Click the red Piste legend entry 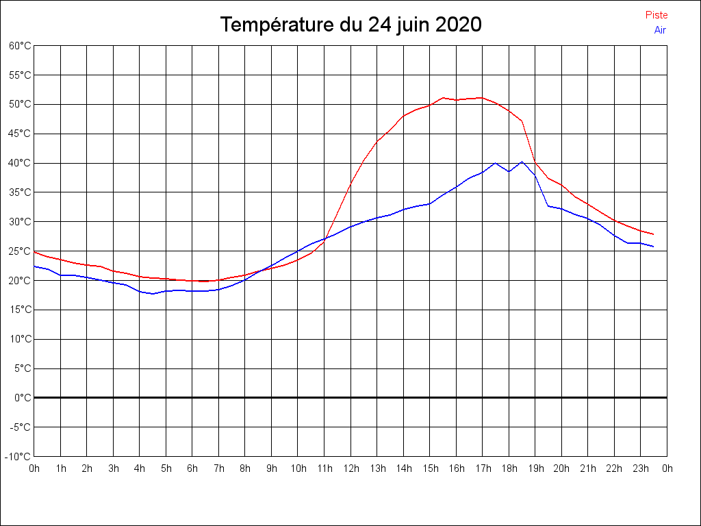tap(657, 15)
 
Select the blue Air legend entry tap(660, 29)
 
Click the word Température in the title tap(277, 25)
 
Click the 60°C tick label tap(21, 46)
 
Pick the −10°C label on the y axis tap(19, 456)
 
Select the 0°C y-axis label tap(23, 397)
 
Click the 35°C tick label tap(21, 192)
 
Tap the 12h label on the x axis tap(350, 468)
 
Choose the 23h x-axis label tap(641, 468)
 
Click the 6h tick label tap(192, 468)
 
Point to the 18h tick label tap(509, 468)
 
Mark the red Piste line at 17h tap(482, 97)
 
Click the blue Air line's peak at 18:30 tap(522, 162)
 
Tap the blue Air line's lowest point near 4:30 tap(153, 294)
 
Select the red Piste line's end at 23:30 tap(653, 234)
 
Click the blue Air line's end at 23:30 tap(653, 247)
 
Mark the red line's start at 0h tap(35, 252)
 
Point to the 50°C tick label tap(21, 104)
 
